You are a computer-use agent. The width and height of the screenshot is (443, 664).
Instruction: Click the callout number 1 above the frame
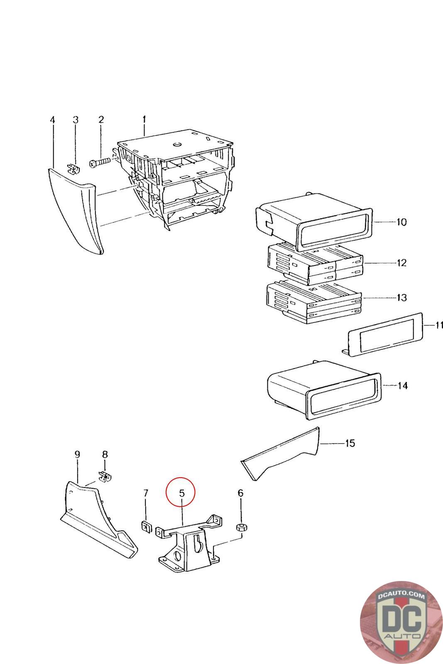click(x=144, y=120)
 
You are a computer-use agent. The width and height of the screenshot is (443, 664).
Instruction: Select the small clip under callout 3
click(x=73, y=170)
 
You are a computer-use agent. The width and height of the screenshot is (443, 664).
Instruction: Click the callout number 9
click(x=77, y=454)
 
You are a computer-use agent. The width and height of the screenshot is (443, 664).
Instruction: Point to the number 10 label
click(x=401, y=222)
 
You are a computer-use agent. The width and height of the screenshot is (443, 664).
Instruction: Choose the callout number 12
click(x=401, y=263)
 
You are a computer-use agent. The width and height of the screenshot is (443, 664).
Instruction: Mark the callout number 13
click(x=401, y=298)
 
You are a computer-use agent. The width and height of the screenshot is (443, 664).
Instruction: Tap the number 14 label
click(x=402, y=386)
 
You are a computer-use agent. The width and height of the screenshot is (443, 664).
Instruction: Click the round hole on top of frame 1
click(x=176, y=144)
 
